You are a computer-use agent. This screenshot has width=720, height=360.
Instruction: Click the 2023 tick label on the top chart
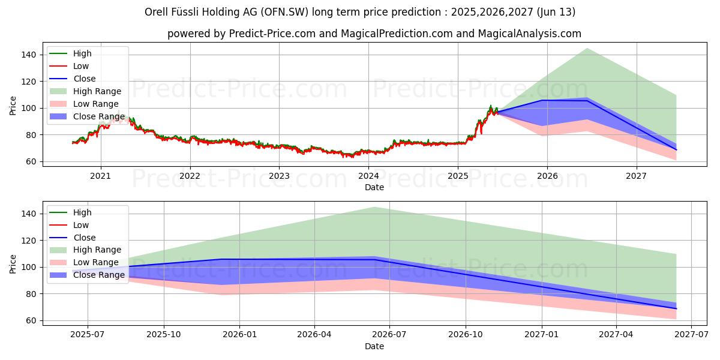(x=279, y=175)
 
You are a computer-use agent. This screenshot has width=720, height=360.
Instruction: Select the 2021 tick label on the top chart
(x=100, y=175)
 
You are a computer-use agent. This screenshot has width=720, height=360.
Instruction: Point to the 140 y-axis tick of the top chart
(x=29, y=55)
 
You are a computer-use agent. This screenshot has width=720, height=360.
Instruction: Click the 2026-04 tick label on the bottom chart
(x=314, y=334)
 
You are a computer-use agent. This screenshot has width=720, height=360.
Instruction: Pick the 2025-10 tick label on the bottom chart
(x=164, y=334)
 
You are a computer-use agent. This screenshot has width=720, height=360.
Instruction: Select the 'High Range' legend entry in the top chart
(x=97, y=91)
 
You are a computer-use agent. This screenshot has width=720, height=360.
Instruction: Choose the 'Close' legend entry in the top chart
(x=84, y=79)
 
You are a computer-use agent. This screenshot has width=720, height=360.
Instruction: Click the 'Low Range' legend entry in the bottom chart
(x=96, y=262)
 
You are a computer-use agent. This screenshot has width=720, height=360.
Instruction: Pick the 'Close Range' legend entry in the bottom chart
(x=99, y=275)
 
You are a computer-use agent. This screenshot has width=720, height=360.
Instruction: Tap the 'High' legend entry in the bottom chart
(x=82, y=212)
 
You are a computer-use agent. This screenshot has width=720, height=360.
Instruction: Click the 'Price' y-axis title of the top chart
(x=13, y=106)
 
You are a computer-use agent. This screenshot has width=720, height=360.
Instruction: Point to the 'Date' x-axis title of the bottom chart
(x=374, y=346)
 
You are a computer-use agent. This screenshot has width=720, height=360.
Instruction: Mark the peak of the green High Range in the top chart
(x=586, y=48)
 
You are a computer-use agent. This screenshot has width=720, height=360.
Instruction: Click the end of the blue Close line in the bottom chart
(x=676, y=308)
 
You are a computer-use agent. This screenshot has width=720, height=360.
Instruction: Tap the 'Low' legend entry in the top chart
(x=81, y=66)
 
